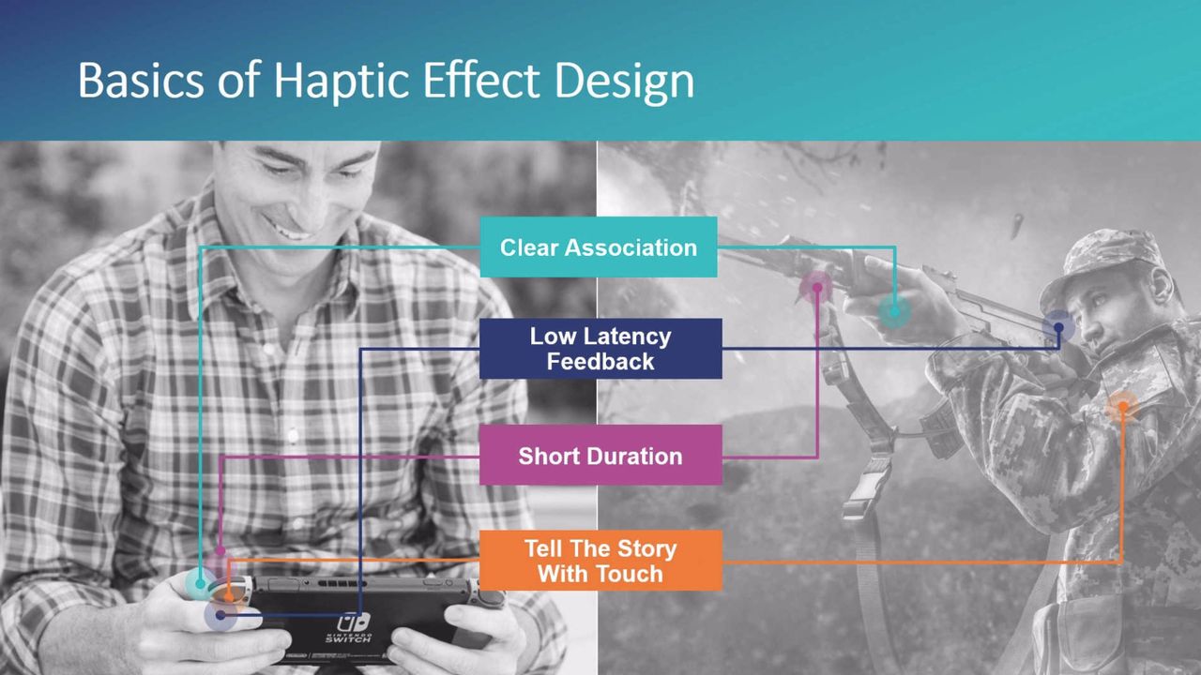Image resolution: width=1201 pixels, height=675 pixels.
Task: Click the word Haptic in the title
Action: point(343,82)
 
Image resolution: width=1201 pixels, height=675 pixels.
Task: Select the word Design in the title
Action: point(625,82)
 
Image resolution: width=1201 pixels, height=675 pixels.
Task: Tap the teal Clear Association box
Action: point(599,247)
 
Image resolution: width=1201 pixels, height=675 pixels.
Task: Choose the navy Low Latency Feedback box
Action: point(600,349)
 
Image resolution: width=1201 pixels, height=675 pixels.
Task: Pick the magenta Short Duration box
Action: point(600,456)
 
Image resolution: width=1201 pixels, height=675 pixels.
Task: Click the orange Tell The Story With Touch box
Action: point(600,561)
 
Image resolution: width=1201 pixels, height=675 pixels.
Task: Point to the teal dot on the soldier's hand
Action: point(894,311)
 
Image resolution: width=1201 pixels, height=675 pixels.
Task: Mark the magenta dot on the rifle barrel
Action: point(816,288)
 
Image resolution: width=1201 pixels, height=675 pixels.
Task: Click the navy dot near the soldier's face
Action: point(1058,327)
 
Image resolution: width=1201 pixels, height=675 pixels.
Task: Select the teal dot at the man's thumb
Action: point(200,583)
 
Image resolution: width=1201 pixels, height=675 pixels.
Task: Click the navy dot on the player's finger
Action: point(220,616)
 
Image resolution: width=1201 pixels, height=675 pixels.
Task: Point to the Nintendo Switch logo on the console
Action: point(348,628)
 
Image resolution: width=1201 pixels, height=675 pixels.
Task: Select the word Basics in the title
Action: point(141,81)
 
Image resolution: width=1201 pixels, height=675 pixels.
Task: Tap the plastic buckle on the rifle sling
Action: point(863,485)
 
